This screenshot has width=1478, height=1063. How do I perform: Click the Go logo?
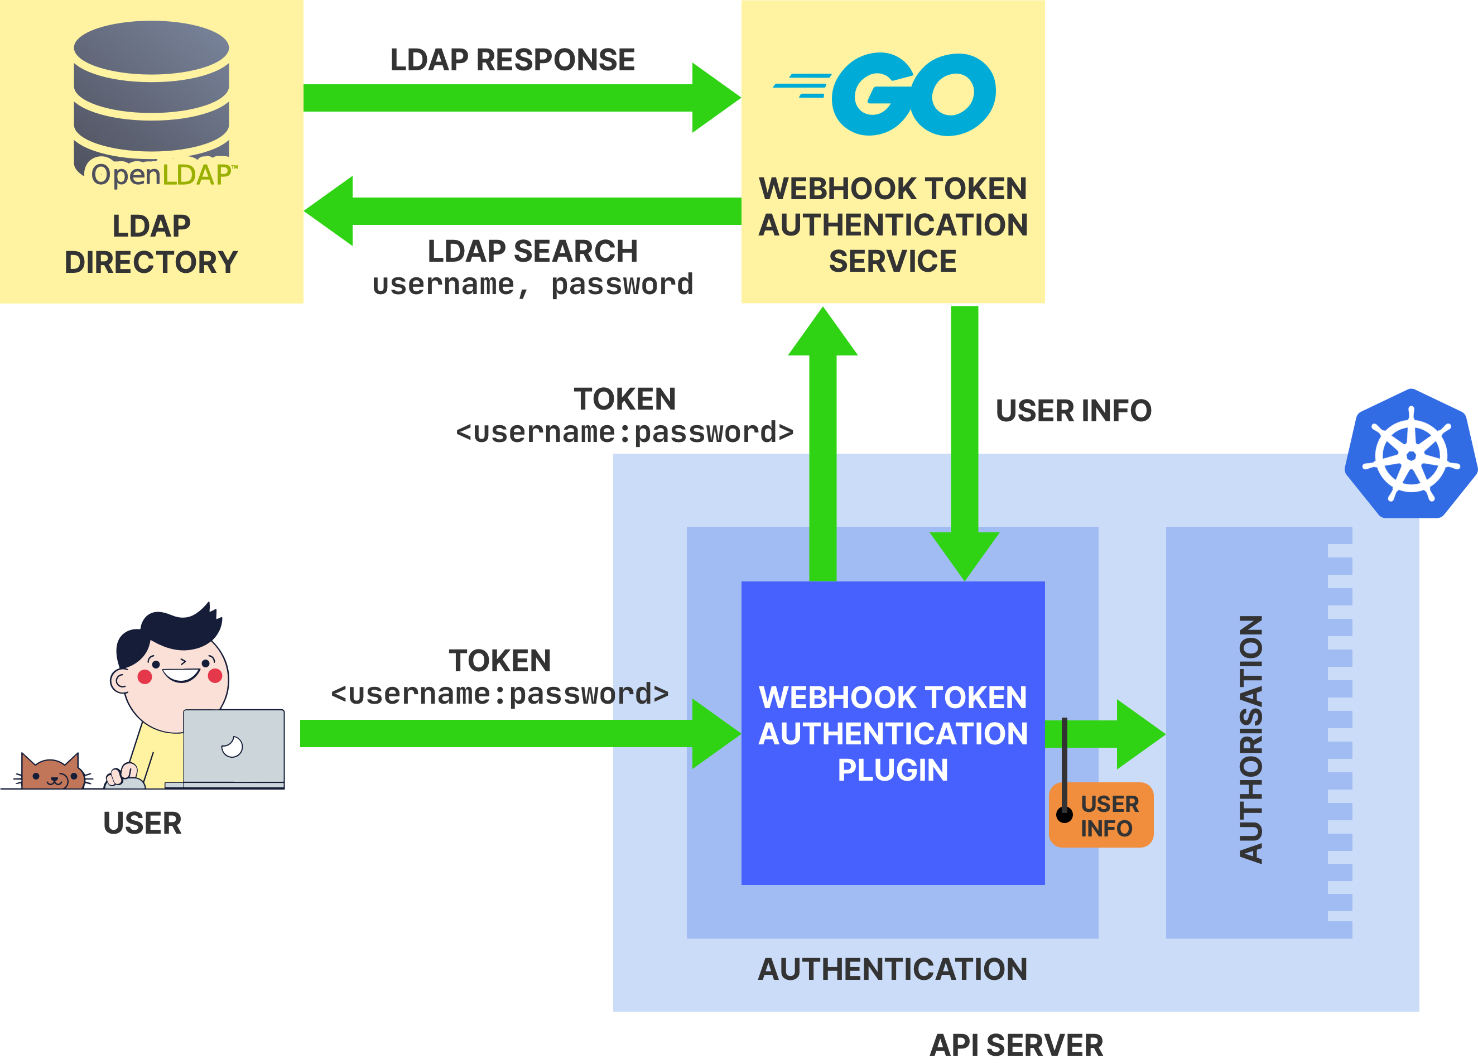[x=884, y=94]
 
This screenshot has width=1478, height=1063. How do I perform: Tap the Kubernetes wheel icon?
[x=1411, y=454]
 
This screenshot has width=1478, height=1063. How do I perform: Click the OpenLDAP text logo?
[x=164, y=174]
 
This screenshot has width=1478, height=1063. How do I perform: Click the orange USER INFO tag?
[x=1101, y=815]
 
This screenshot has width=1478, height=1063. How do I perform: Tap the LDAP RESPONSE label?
[x=512, y=60]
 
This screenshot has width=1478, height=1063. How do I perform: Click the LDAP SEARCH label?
[x=532, y=252]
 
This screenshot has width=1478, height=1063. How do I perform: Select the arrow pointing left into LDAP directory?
[x=523, y=210]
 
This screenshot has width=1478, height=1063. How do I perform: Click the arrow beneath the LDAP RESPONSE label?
[x=523, y=98]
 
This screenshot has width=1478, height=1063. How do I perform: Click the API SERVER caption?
[x=1017, y=1045]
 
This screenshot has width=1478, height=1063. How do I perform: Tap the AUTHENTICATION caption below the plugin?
[x=893, y=969]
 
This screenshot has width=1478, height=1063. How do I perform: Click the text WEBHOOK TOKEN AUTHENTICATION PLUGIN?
[x=893, y=733]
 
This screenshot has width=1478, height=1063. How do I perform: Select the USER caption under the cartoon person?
[x=142, y=823]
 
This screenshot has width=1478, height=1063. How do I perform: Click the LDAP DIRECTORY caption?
[x=151, y=244]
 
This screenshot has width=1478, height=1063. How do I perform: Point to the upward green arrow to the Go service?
[x=823, y=443]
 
